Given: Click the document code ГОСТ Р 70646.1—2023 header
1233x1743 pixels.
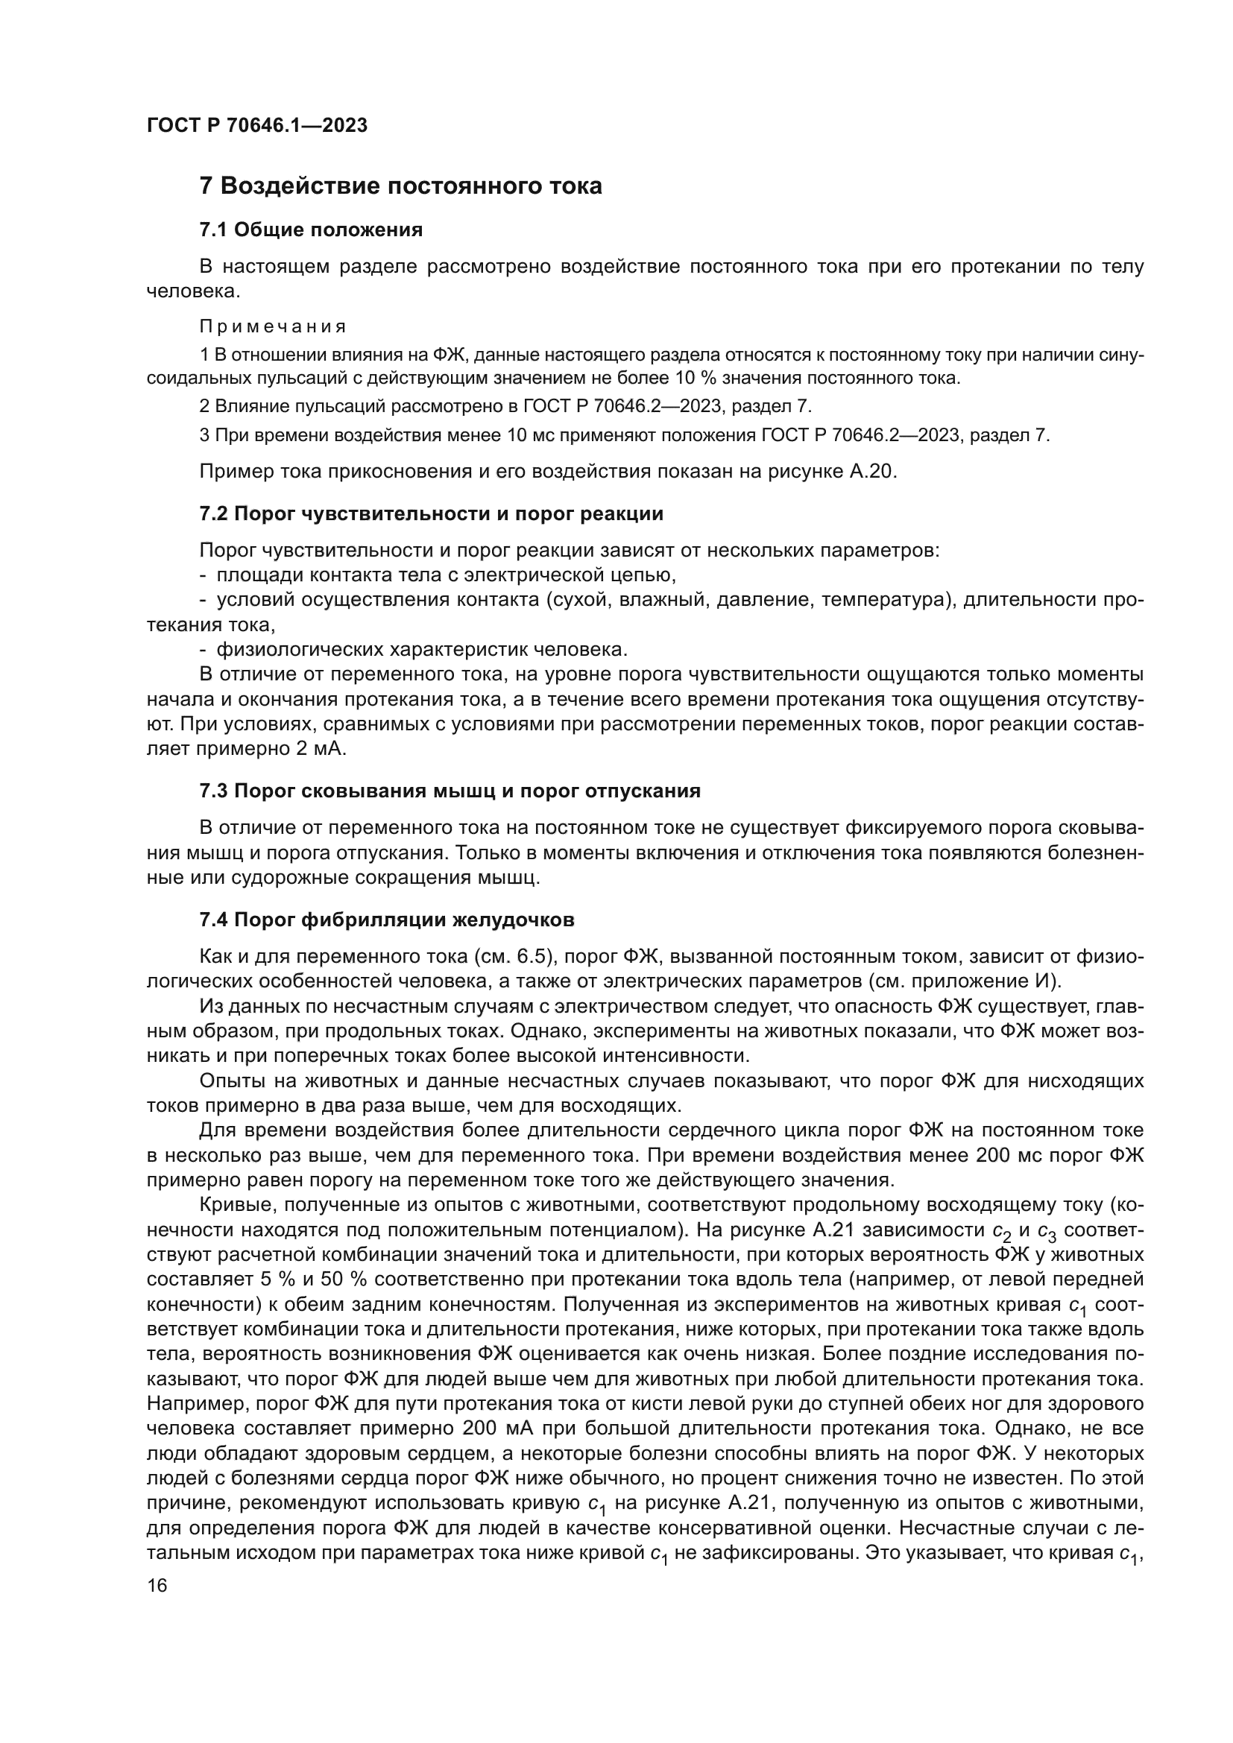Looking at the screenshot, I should [x=256, y=126].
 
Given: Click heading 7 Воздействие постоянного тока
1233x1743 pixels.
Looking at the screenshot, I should [x=400, y=186].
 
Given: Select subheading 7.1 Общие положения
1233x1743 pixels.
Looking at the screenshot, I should [x=311, y=230].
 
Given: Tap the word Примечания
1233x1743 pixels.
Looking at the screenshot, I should [x=273, y=326].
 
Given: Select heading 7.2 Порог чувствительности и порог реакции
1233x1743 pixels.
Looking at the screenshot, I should [x=430, y=514].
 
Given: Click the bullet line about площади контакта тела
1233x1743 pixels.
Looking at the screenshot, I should [x=438, y=575].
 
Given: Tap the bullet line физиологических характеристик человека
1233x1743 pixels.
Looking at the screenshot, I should [x=414, y=650].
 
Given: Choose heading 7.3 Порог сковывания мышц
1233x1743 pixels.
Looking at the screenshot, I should [x=450, y=791].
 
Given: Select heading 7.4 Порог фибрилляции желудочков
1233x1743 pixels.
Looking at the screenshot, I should [x=386, y=920].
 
